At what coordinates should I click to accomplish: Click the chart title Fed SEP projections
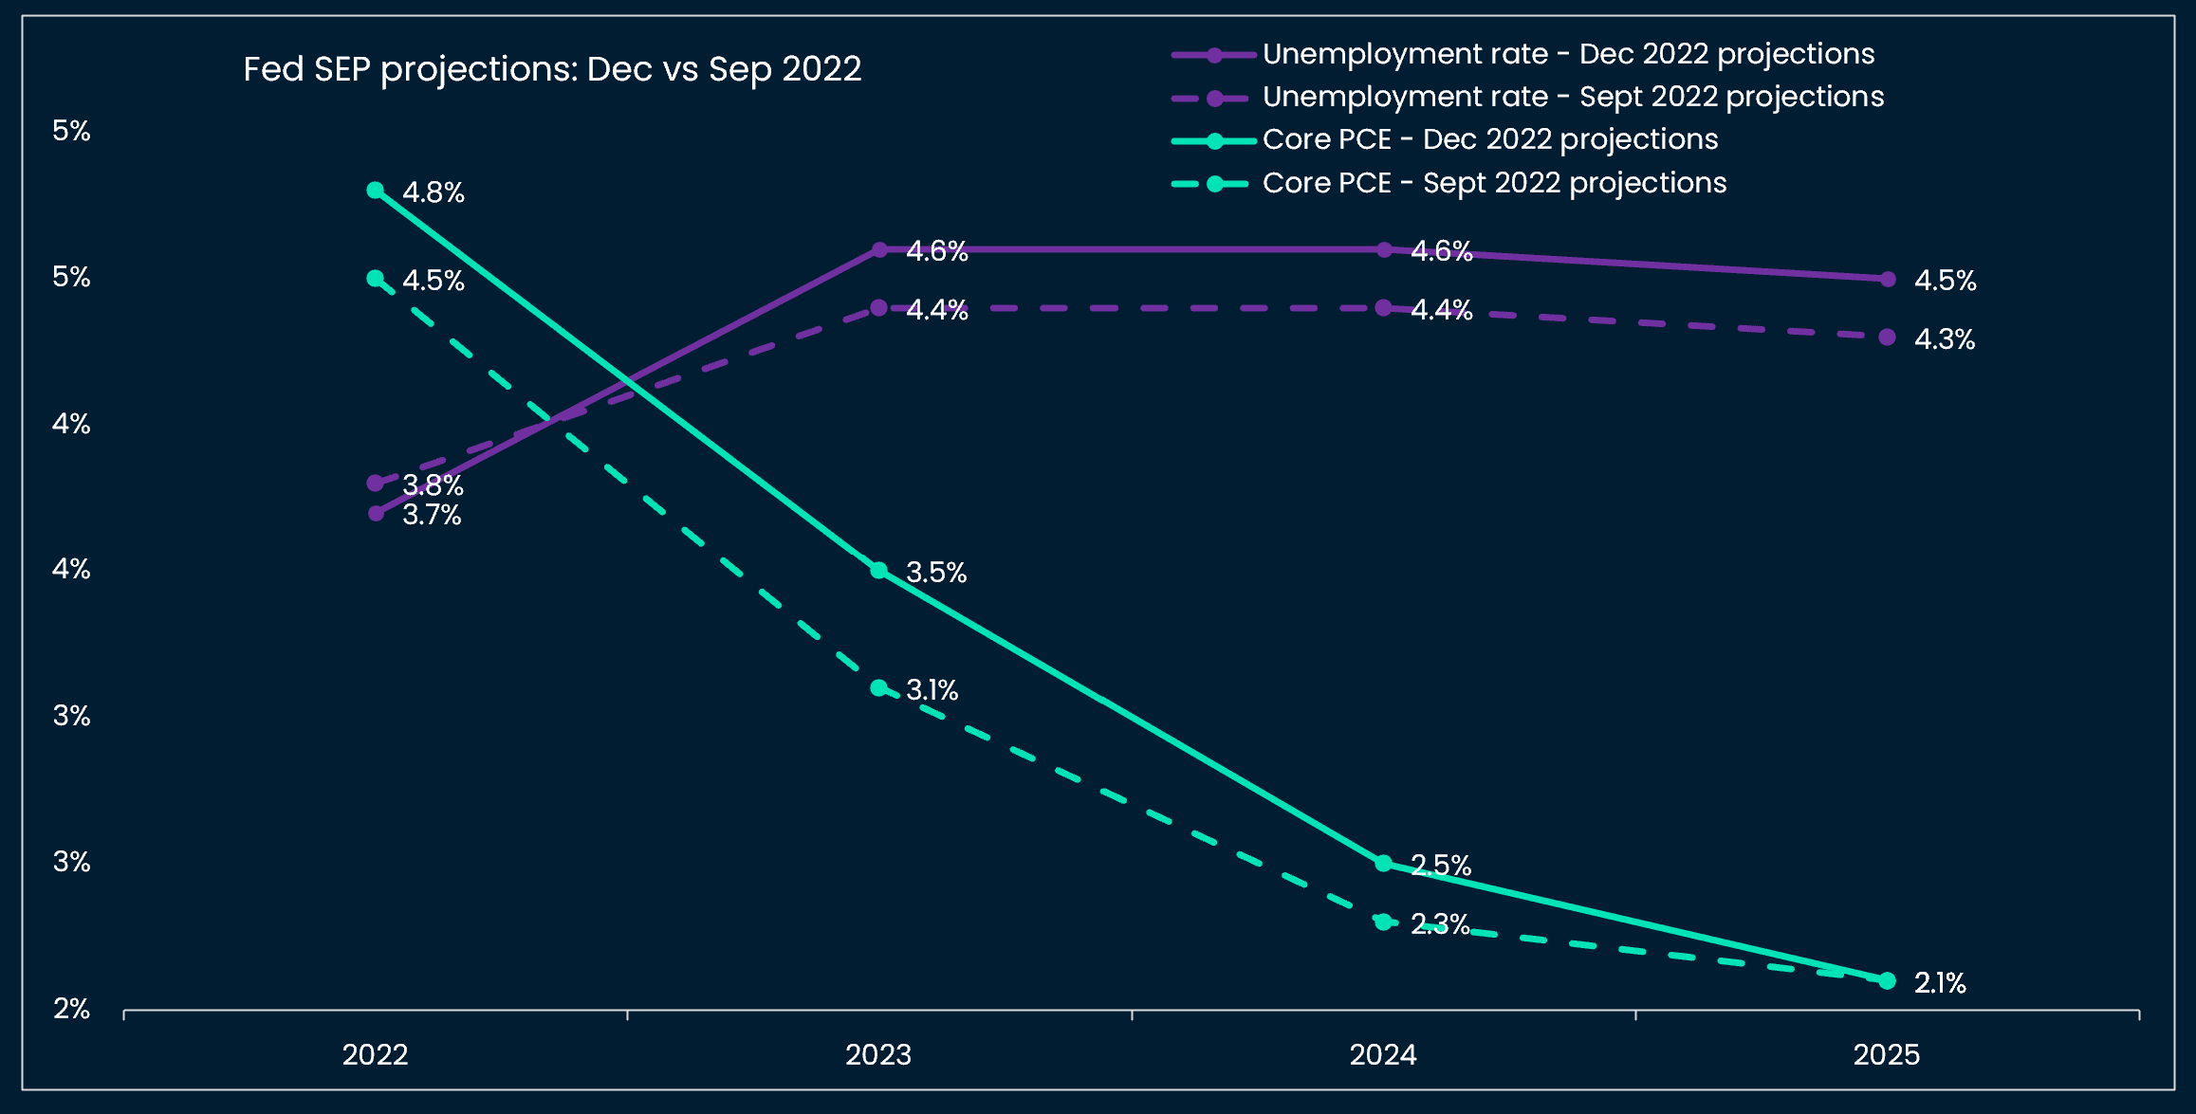point(552,69)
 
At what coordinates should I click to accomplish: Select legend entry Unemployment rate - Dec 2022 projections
point(1567,54)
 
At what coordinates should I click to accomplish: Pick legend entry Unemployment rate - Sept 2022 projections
point(1572,97)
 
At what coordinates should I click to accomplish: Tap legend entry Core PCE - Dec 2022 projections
point(1489,139)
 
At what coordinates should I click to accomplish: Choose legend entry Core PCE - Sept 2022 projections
point(1494,183)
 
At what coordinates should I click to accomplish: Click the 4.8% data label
point(434,192)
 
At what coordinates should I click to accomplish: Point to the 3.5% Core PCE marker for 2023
point(879,571)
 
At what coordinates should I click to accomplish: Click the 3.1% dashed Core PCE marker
point(879,687)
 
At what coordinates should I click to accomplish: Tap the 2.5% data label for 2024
point(1440,865)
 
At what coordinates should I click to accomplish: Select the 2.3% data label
point(1440,923)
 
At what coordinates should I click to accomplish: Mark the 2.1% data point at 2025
point(1887,980)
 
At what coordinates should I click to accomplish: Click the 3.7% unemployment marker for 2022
point(376,513)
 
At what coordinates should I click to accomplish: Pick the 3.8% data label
point(434,485)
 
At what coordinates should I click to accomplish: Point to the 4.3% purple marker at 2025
point(1887,338)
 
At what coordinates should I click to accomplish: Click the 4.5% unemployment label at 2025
point(1945,281)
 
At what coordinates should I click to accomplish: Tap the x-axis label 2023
point(878,1054)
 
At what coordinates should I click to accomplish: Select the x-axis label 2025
point(1887,1054)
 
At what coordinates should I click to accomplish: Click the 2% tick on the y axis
point(71,1009)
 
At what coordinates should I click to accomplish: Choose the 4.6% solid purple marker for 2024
point(1384,250)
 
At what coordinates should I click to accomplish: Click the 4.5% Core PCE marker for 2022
point(376,279)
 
